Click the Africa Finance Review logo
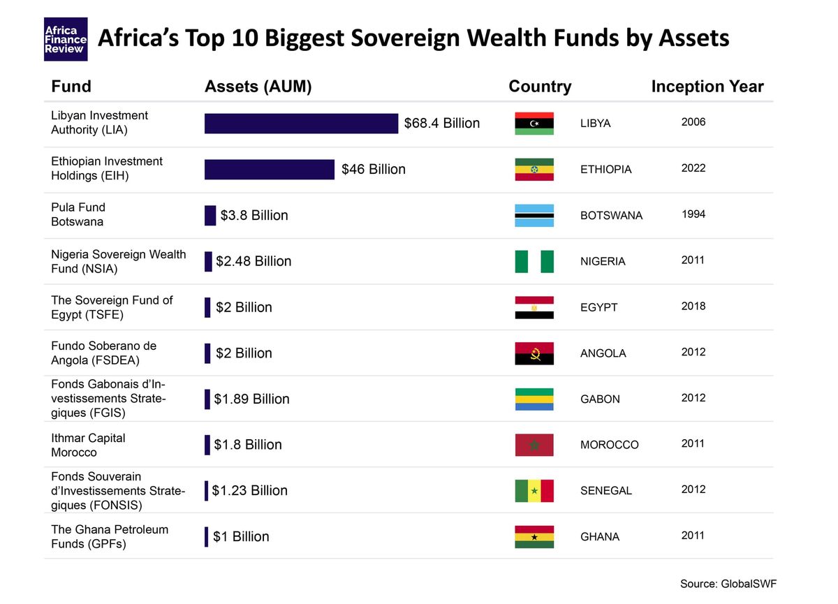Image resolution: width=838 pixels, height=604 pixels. pyautogui.click(x=66, y=39)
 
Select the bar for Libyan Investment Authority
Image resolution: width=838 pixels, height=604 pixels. pyautogui.click(x=301, y=124)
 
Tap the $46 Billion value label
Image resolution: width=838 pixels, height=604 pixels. pyautogui.click(x=373, y=169)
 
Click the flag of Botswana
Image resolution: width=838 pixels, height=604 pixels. pyautogui.click(x=534, y=215)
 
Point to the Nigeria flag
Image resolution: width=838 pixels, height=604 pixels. pyautogui.click(x=534, y=261)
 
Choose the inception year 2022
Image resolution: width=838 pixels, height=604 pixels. pyautogui.click(x=693, y=168)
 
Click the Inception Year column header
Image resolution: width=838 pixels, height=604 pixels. pyautogui.click(x=707, y=87)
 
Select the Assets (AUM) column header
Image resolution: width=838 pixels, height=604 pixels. pyautogui.click(x=258, y=87)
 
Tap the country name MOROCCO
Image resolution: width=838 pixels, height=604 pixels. pyautogui.click(x=609, y=445)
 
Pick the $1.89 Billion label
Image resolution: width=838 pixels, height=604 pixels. pyautogui.click(x=251, y=399)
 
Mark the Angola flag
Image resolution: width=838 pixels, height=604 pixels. pyautogui.click(x=534, y=353)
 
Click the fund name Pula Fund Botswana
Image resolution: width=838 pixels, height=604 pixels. pyautogui.click(x=78, y=214)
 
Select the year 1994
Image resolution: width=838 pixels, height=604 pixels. pyautogui.click(x=693, y=214)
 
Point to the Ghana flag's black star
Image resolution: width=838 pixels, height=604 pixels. pyautogui.click(x=534, y=537)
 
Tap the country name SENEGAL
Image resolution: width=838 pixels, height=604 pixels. pyautogui.click(x=605, y=491)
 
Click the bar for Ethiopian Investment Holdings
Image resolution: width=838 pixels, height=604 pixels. pyautogui.click(x=269, y=170)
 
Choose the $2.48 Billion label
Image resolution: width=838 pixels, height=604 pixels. pyautogui.click(x=253, y=261)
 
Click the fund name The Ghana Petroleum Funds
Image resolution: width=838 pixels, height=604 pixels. pyautogui.click(x=109, y=536)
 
